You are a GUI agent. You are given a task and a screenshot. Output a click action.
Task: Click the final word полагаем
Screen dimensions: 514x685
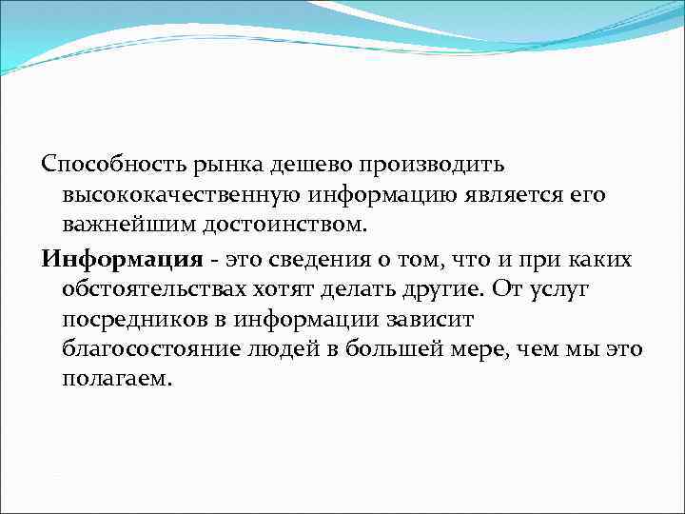click(116, 380)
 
